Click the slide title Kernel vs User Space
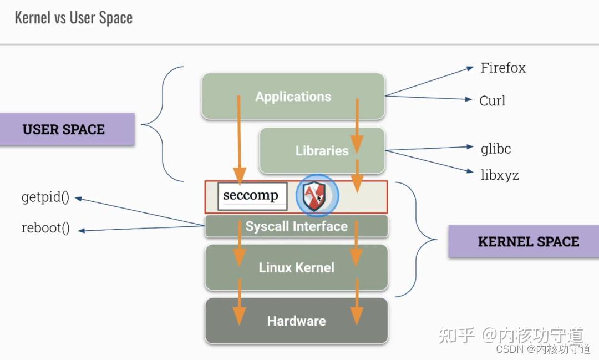coord(73,18)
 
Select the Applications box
coord(293,97)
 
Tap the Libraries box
coord(322,151)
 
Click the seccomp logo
coord(252,196)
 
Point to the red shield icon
coord(317,196)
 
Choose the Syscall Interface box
coord(296,226)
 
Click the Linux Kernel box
coord(296,268)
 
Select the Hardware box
coord(296,321)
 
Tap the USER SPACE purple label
coord(64,130)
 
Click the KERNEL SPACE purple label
coord(528,241)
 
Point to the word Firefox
coord(502,68)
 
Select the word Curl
coord(492,101)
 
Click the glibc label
coord(495,149)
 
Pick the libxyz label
coord(499,175)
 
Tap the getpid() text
coord(45,198)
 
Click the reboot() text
coord(45,229)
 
